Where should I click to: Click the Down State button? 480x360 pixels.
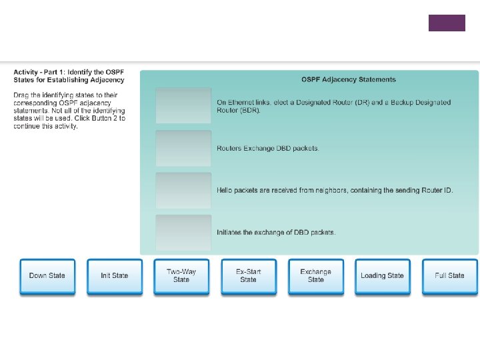pos(47,276)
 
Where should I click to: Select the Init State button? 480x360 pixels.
pos(115,276)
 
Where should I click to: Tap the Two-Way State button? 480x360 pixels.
pos(181,276)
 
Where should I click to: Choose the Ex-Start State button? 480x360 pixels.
pos(248,276)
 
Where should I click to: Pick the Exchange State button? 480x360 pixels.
pos(315,276)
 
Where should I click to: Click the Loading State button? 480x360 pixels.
pos(382,276)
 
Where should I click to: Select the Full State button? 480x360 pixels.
pos(449,276)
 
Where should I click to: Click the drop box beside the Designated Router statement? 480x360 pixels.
pos(183,106)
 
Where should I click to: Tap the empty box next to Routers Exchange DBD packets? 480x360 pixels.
pos(183,148)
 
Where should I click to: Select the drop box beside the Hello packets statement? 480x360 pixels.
pos(183,191)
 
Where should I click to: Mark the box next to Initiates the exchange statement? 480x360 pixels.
pos(183,233)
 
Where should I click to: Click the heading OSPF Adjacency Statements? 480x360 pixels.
pos(348,79)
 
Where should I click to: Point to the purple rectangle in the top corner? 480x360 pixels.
pos(447,23)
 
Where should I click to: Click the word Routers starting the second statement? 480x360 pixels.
pos(229,148)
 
